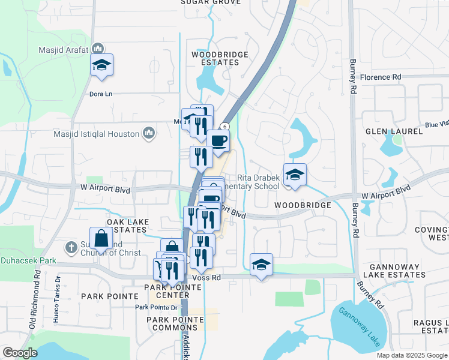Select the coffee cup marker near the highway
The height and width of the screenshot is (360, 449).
pos(218,142)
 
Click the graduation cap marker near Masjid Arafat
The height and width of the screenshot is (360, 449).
pos(101,65)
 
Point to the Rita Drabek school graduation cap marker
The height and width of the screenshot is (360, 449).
pos(295,175)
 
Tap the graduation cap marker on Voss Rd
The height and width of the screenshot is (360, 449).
pos(261,265)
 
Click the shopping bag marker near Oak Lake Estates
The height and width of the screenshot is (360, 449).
pos(101,238)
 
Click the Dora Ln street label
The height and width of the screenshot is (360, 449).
pos(101,94)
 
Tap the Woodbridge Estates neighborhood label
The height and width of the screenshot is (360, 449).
pos(220,58)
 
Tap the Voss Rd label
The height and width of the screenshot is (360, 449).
pos(207,278)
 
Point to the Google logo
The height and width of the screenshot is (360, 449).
pos(20,353)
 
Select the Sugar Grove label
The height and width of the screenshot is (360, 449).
pos(211,2)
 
